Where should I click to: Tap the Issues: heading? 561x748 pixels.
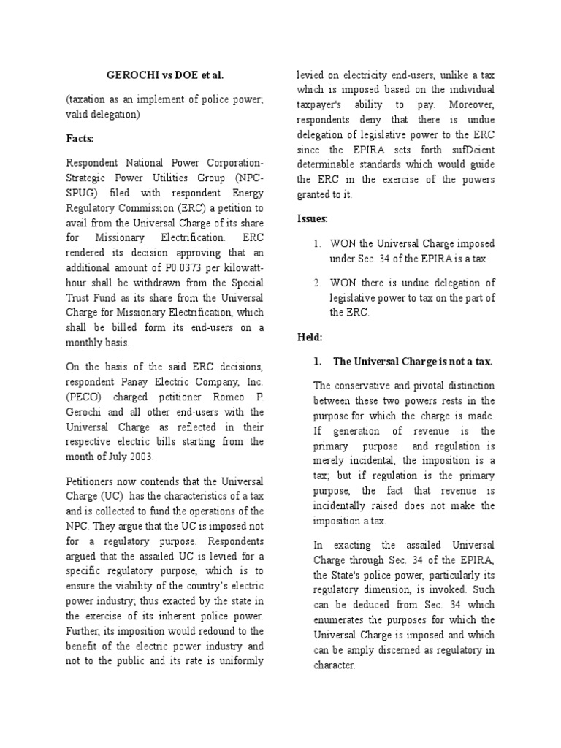(x=312, y=218)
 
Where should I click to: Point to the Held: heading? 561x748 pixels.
(x=309, y=337)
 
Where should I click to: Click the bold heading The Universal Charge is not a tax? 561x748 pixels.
(x=413, y=362)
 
